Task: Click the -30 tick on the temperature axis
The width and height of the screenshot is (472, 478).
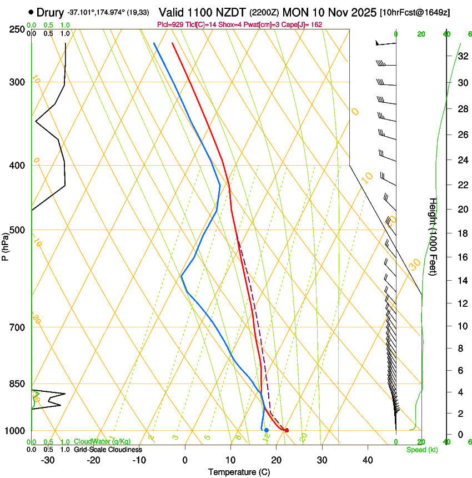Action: click(48, 460)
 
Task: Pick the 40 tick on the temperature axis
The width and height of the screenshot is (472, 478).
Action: click(368, 460)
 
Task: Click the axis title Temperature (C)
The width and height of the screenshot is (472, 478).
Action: click(239, 472)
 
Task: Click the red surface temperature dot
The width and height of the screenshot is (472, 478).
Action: click(287, 430)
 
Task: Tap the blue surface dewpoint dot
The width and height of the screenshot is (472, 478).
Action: click(267, 430)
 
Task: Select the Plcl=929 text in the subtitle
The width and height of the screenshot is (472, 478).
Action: click(171, 25)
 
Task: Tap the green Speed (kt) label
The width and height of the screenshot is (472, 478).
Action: click(422, 450)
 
